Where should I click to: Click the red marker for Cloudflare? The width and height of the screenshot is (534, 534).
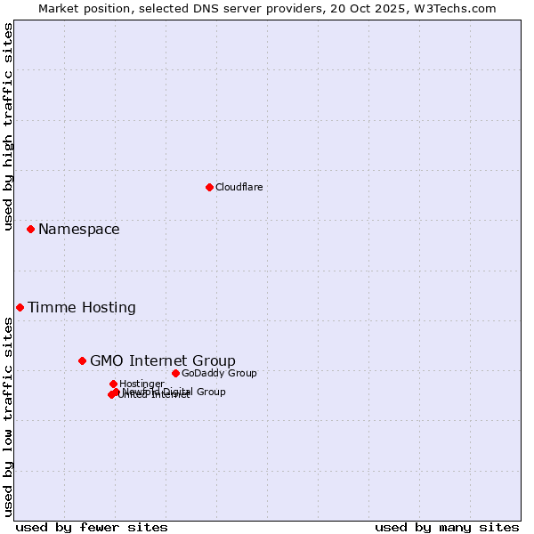click(x=209, y=187)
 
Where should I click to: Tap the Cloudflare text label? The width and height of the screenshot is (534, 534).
click(x=239, y=187)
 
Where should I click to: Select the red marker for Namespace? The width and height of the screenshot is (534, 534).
click(x=30, y=229)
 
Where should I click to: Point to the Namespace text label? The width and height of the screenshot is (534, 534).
click(x=78, y=230)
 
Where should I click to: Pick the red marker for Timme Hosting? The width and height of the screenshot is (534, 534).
click(x=20, y=307)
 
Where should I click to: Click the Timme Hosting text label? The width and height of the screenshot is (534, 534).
click(x=82, y=308)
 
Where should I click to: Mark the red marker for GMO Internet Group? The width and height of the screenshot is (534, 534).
click(x=82, y=360)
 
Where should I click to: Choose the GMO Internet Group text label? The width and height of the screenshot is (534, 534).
click(x=163, y=360)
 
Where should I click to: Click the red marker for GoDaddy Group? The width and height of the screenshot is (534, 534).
click(x=175, y=373)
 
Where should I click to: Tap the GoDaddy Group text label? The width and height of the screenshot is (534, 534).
click(x=219, y=373)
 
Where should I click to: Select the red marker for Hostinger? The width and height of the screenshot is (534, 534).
click(x=113, y=384)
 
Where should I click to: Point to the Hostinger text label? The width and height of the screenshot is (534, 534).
click(x=142, y=384)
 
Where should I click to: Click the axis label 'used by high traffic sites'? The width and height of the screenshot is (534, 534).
click(x=8, y=126)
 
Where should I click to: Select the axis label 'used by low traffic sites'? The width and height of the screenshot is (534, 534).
click(x=8, y=416)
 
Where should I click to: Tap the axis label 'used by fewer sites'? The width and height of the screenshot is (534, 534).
click(x=92, y=527)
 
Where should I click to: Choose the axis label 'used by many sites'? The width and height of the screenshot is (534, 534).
click(x=447, y=527)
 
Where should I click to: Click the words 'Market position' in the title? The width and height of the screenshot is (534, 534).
click(x=80, y=8)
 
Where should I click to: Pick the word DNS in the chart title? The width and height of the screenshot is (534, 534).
click(x=197, y=8)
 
